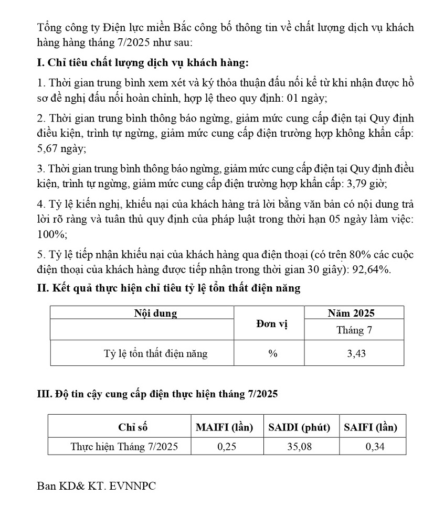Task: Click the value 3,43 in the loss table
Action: pyautogui.click(x=356, y=354)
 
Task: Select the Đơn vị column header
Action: pyautogui.click(x=272, y=324)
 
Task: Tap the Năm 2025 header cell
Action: pyautogui.click(x=351, y=313)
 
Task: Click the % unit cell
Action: pyautogui.click(x=272, y=354)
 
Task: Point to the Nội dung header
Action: pyautogui.click(x=155, y=314)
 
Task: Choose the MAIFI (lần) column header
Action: pyautogui.click(x=224, y=427)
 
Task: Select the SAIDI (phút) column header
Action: pyautogui.click(x=299, y=427)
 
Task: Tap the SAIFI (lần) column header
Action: pyautogui.click(x=371, y=427)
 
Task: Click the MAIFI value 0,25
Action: pyautogui.click(x=227, y=447)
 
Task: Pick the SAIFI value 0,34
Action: pyautogui.click(x=374, y=447)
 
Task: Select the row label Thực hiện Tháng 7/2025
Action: pyautogui.click(x=124, y=447)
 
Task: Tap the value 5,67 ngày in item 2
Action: pyautogui.click(x=62, y=149)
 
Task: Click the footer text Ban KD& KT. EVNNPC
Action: pyautogui.click(x=97, y=486)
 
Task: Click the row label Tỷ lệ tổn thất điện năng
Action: pyautogui.click(x=155, y=354)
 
